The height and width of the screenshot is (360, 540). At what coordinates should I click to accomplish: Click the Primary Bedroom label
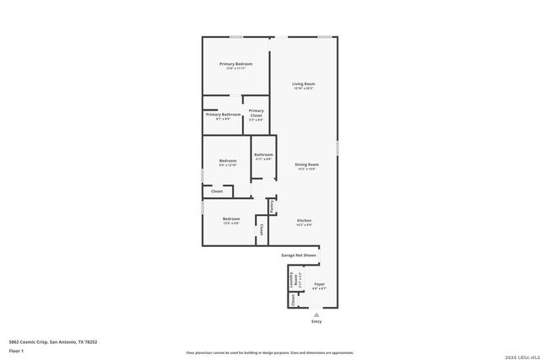point(236,64)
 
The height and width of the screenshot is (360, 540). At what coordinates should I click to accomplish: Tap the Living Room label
point(304,83)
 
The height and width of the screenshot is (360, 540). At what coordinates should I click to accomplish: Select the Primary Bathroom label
point(224,115)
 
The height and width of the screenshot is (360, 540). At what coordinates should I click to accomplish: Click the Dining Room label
point(306,164)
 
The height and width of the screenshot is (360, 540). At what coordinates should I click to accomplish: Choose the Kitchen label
point(305,220)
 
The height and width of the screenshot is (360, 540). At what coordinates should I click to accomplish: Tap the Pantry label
point(273,206)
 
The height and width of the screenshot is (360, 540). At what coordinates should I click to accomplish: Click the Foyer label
point(320,284)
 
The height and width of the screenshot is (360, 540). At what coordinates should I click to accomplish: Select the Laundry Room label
point(292,280)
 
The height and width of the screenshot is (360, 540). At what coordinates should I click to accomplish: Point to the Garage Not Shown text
point(299,255)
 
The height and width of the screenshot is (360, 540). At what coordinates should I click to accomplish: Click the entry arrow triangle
point(316,314)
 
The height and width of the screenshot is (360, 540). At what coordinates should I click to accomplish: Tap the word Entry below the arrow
point(316,321)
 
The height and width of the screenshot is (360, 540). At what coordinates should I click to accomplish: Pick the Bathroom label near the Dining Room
point(263,154)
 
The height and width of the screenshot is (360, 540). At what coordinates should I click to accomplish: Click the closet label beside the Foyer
point(293,299)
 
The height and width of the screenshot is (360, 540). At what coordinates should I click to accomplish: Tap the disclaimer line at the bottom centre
point(269,352)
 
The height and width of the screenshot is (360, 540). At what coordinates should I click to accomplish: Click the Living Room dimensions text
point(304,89)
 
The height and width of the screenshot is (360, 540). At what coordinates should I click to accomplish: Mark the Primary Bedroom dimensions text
point(236,68)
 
